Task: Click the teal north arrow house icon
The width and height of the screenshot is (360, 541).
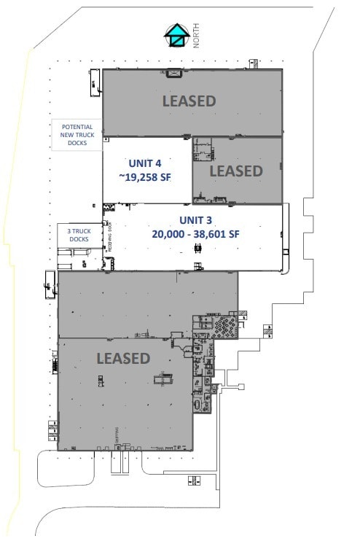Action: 176,35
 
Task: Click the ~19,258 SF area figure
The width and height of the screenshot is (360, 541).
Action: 144,176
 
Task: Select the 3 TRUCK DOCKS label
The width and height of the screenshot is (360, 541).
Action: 79,235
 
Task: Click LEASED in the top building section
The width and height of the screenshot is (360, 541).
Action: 189,101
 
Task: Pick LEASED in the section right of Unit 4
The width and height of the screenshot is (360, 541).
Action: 235,171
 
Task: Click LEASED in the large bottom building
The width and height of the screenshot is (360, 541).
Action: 123,358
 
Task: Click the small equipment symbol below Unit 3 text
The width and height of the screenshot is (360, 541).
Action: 197,249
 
